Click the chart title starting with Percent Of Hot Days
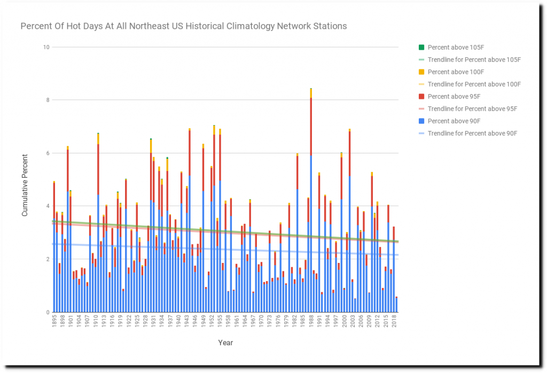183,26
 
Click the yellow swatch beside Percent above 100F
421,72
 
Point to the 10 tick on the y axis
46,48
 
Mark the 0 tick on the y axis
48,312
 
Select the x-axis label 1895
54,323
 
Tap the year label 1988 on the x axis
311,323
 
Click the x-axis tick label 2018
394,323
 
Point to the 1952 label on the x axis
212,323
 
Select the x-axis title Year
225,343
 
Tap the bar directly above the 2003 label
353,297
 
